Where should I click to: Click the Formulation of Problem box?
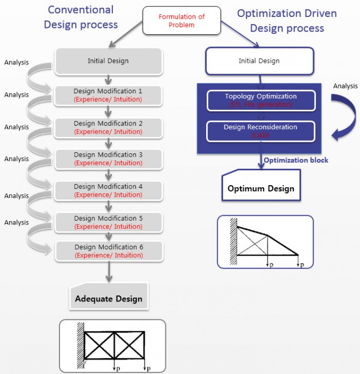(182, 21)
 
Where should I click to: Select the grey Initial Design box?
(108, 61)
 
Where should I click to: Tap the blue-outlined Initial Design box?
(259, 61)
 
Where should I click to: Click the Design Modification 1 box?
(108, 96)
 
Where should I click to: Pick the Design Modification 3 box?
(108, 159)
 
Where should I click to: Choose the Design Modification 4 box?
(108, 190)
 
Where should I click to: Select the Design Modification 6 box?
(108, 251)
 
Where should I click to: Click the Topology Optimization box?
(261, 100)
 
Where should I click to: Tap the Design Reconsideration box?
(261, 131)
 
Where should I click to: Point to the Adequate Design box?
(108, 298)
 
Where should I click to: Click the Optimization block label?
(296, 161)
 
